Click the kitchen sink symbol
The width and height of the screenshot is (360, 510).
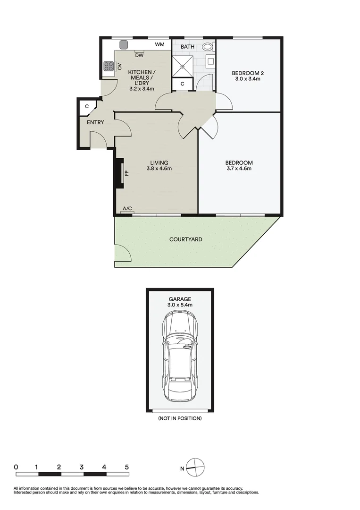click(x=124, y=45)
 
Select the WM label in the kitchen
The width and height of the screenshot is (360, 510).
click(x=159, y=45)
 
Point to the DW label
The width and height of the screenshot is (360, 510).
click(x=139, y=56)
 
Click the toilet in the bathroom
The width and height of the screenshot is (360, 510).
click(x=208, y=47)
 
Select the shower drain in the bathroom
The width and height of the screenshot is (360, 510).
click(x=182, y=66)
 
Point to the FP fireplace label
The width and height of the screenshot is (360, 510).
click(x=126, y=173)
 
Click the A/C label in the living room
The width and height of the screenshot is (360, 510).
click(x=127, y=208)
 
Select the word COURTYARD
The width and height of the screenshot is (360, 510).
click(x=186, y=239)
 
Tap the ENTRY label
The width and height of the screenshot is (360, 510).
click(x=95, y=122)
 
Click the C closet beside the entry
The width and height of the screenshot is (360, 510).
click(x=87, y=107)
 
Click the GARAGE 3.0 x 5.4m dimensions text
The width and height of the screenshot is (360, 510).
click(x=179, y=305)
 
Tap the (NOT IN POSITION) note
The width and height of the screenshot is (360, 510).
click(x=180, y=418)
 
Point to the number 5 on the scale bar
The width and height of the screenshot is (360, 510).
click(x=126, y=467)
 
